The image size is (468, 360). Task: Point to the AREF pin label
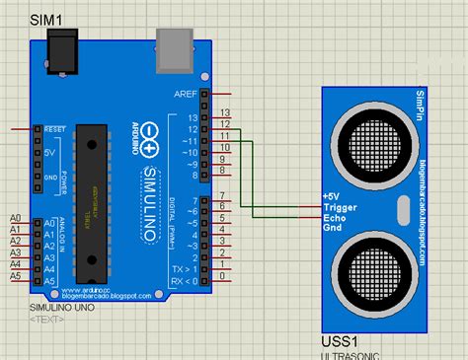click(x=185, y=94)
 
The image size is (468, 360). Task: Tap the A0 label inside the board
click(x=49, y=224)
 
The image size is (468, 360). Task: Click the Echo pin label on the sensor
click(x=335, y=217)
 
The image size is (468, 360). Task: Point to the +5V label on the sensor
click(x=331, y=197)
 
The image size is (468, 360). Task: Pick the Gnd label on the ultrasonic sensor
click(x=333, y=227)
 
